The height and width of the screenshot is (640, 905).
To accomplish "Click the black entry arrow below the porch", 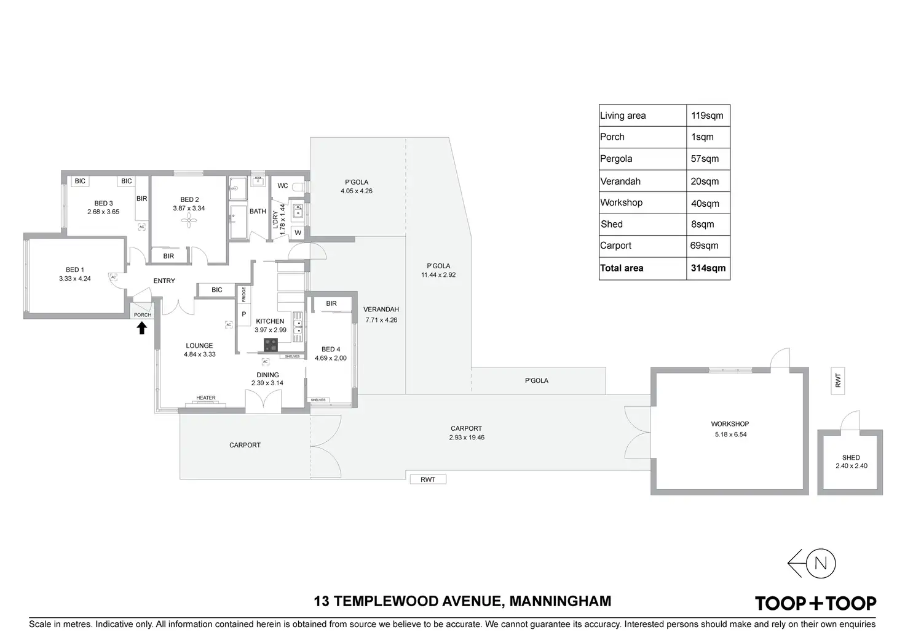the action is (x=141, y=328).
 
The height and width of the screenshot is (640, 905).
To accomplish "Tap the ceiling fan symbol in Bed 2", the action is (x=189, y=220).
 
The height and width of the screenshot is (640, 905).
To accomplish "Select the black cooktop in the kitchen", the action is (x=271, y=345).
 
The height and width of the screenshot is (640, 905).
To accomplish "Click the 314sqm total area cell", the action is (x=708, y=268).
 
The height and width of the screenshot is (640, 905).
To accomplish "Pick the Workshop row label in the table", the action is (x=621, y=202).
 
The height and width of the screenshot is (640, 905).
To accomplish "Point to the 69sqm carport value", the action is (x=704, y=246).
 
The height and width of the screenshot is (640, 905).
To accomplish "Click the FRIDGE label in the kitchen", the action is (x=243, y=294).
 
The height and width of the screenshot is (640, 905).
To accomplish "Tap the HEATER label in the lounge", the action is (x=205, y=398).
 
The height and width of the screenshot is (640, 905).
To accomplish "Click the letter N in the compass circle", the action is (x=821, y=563).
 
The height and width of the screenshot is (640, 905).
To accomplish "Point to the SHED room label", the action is (x=851, y=457).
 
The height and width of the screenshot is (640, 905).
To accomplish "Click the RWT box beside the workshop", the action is (x=838, y=380).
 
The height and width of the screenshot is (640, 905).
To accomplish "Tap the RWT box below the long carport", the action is (x=428, y=479).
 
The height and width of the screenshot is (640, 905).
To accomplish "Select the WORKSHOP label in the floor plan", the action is (x=730, y=424).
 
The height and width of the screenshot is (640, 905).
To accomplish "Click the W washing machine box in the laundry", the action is (x=298, y=233).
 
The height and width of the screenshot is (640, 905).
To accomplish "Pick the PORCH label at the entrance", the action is (x=143, y=315).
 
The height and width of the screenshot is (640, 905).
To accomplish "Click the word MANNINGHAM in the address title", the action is (x=560, y=601).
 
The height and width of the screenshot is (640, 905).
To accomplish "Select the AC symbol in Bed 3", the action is (x=141, y=227).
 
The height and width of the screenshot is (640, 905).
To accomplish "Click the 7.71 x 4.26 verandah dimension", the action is (x=381, y=320).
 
